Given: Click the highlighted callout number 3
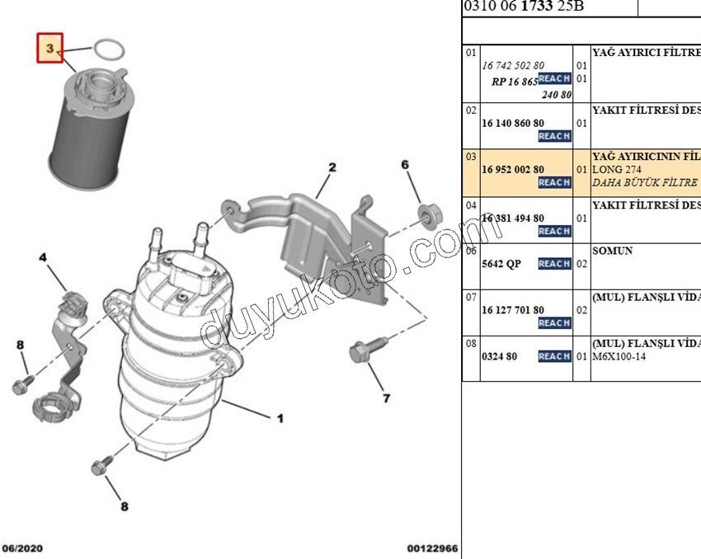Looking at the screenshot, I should coord(49,49).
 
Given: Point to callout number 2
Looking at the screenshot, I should coord(332,167).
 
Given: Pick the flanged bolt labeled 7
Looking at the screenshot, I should coord(360,353).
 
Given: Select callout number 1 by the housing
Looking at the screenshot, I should coord(280,419).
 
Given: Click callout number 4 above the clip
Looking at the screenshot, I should coord(43,258).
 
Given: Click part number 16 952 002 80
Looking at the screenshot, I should coord(512,169).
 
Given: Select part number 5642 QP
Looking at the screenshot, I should coord(501,264).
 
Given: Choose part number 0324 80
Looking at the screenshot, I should coord(500,356).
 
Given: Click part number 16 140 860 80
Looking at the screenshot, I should coord(512,123).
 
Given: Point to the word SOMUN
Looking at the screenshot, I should coord(613,251).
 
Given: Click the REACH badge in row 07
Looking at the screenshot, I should coord(554,323).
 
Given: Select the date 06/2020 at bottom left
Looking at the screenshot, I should coord(23,547).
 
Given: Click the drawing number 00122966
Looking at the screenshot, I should coord(432,547).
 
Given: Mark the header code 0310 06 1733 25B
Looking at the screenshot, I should coord(524,7).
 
